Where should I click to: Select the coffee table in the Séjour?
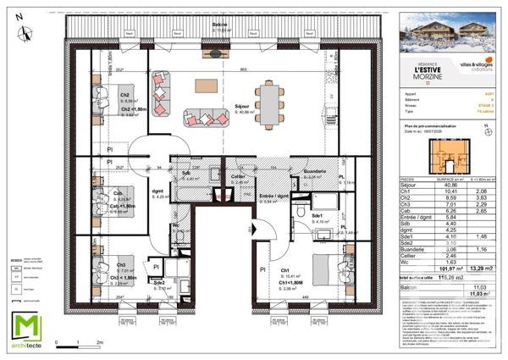pyautogui.click(x=205, y=86)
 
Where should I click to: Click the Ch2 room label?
pyautogui.click(x=124, y=96)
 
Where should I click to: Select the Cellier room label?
pyautogui.click(x=239, y=177)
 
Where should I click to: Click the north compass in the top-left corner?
pyautogui.click(x=26, y=35)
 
